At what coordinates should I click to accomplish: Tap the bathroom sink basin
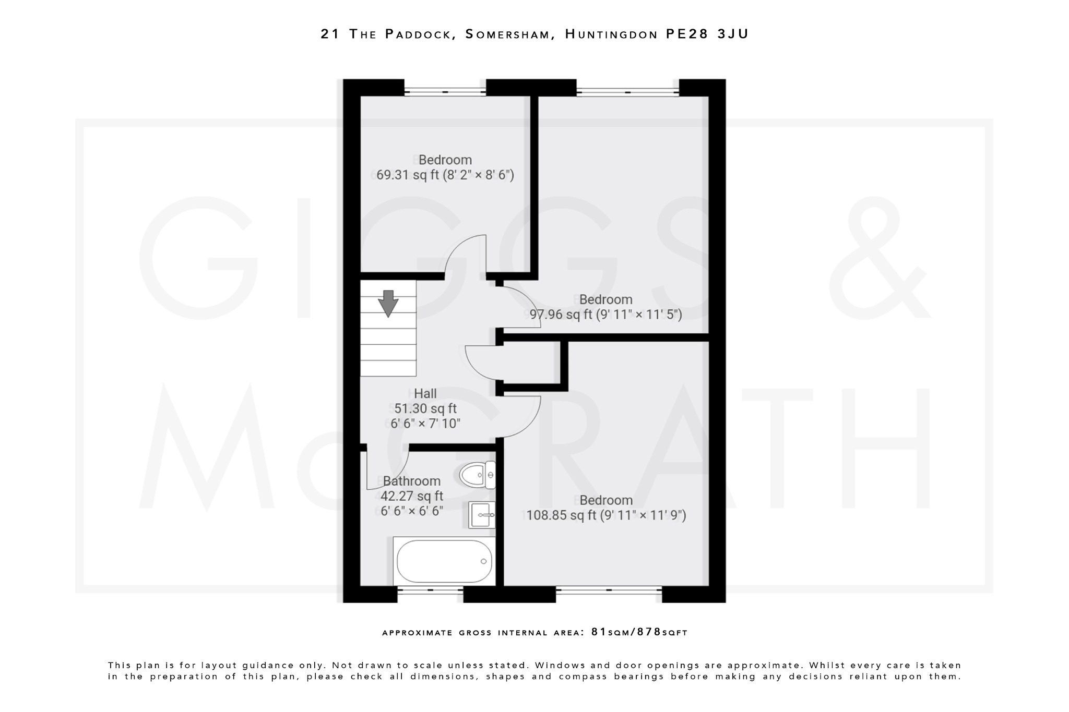481,515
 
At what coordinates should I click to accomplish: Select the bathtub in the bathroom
444,561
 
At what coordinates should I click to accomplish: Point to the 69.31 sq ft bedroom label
445,167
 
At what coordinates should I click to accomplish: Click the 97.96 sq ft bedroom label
605,307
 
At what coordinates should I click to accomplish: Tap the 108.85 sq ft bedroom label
605,508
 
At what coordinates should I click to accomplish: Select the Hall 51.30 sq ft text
425,408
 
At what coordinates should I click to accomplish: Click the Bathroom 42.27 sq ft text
411,496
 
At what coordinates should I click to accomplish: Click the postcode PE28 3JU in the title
707,34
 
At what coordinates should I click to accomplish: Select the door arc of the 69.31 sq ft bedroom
465,256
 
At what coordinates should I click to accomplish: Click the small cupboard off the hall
532,363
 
